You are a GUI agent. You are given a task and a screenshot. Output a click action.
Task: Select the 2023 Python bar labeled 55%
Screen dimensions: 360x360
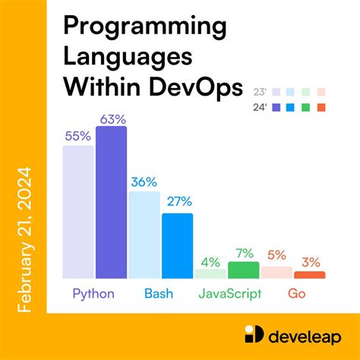tap(78, 212)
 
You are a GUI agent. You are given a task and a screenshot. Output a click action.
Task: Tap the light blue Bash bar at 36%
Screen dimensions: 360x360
tap(144, 235)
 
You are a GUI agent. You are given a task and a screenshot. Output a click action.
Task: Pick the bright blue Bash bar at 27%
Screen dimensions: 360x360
tap(177, 245)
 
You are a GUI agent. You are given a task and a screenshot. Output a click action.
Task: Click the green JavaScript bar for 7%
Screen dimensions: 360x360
tap(243, 270)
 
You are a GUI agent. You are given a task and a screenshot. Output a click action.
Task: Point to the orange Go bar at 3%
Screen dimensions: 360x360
tap(310, 274)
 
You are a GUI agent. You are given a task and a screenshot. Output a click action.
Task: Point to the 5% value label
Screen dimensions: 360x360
tap(276, 255)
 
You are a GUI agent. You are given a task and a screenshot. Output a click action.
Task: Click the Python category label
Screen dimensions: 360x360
tap(94, 293)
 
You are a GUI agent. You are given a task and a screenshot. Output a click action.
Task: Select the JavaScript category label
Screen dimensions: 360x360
tap(229, 293)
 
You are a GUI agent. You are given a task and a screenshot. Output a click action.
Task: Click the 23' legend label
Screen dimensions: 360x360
tap(260, 92)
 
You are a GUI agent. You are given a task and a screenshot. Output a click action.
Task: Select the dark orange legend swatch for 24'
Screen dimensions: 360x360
tap(321, 107)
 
